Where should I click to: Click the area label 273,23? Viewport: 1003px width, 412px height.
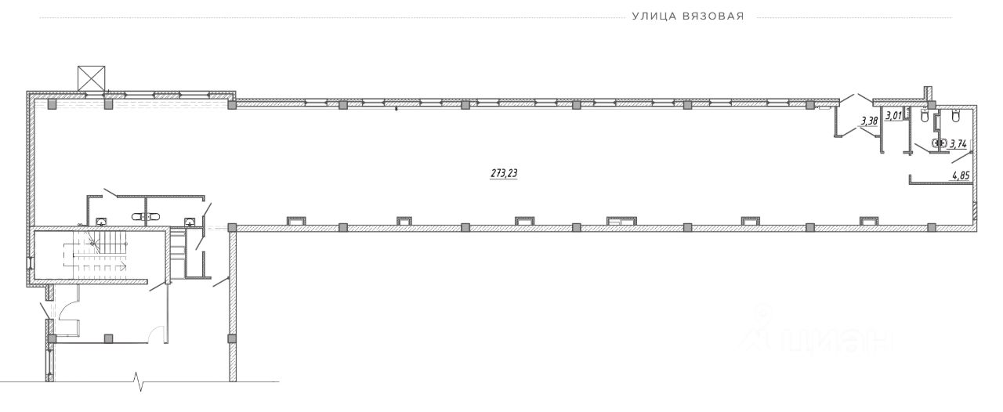pyautogui.click(x=504, y=173)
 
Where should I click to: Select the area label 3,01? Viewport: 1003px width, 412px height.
pyautogui.click(x=893, y=116)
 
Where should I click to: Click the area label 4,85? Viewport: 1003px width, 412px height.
pyautogui.click(x=961, y=175)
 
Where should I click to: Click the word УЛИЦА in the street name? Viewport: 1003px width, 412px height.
pyautogui.click(x=654, y=16)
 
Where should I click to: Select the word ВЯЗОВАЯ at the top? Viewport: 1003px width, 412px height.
pyautogui.click(x=714, y=16)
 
